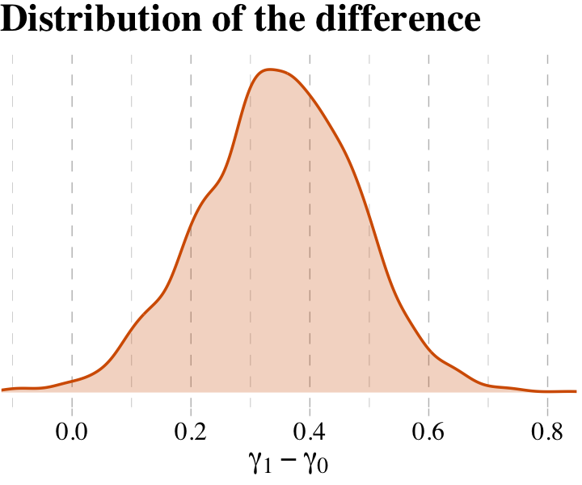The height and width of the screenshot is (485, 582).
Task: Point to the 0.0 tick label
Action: [x=72, y=430]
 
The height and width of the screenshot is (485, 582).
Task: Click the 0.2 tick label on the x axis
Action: [x=191, y=430]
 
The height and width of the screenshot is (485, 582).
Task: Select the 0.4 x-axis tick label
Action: [x=310, y=430]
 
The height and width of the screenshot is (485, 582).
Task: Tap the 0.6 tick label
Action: [x=428, y=430]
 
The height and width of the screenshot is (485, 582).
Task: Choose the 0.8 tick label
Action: [x=547, y=430]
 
